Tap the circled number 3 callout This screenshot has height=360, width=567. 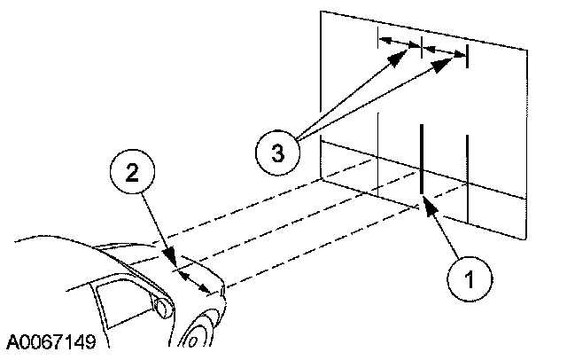click(x=278, y=153)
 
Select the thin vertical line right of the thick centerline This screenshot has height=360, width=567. click(x=467, y=177)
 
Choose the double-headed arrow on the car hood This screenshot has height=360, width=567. click(x=195, y=278)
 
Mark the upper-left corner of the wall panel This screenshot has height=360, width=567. click(x=321, y=12)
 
